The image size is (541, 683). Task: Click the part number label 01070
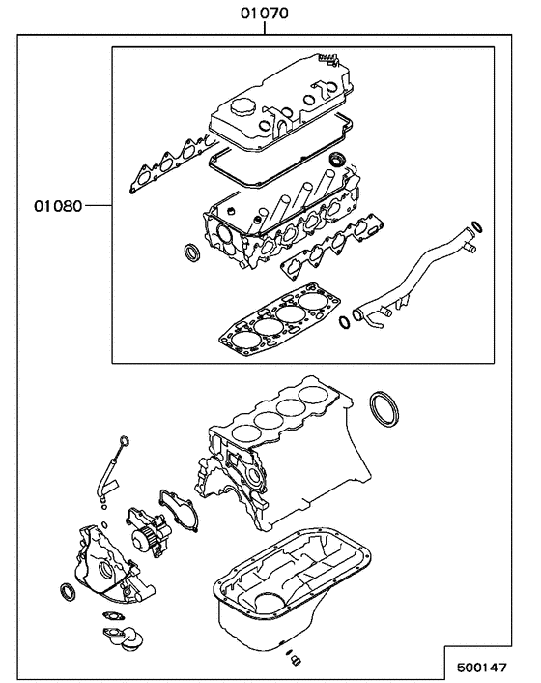(265, 14)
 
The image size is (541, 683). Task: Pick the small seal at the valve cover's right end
(336, 158)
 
